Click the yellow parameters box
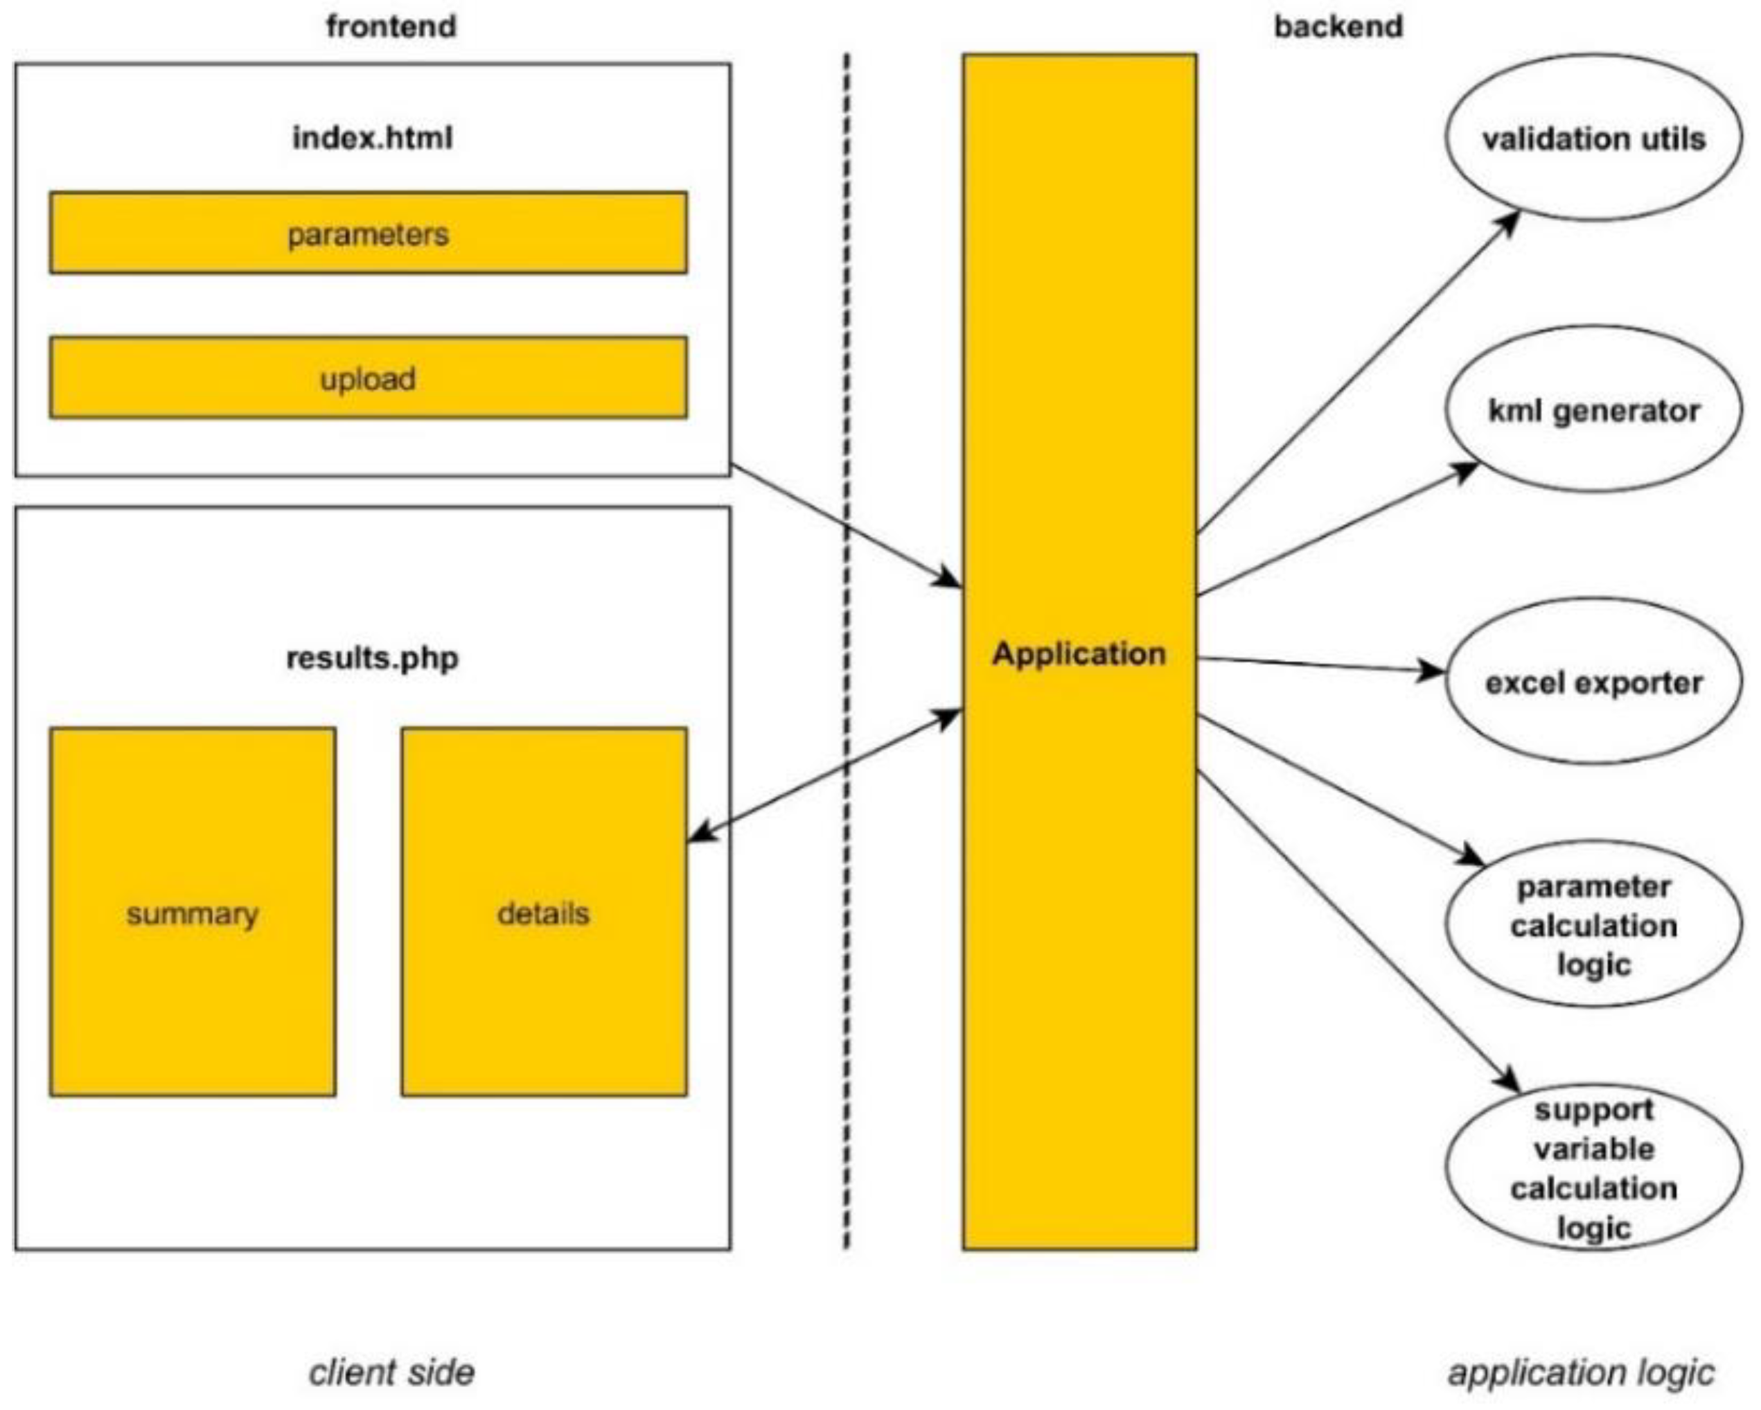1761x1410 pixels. pos(368,233)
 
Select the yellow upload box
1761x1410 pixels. pos(368,378)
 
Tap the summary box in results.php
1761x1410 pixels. pos(192,912)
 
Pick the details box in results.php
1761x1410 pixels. pos(543,912)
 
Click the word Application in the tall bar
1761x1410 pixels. pos(1078,653)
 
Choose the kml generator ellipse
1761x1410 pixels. pos(1593,410)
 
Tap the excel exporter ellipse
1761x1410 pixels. pos(1593,682)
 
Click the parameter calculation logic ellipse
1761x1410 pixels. pos(1593,925)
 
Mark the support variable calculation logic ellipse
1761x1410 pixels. pos(1593,1168)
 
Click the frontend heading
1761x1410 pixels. pos(391,26)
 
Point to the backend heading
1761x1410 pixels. pos(1338,26)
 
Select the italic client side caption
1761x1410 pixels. pos(391,1373)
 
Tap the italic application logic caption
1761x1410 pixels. pos(1580,1373)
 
